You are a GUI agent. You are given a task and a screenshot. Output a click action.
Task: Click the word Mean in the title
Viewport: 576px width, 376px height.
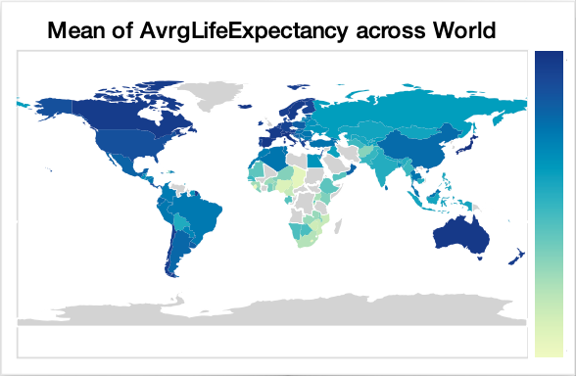point(76,32)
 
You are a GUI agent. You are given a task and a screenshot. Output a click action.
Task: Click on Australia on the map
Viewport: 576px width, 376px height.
point(459,235)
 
